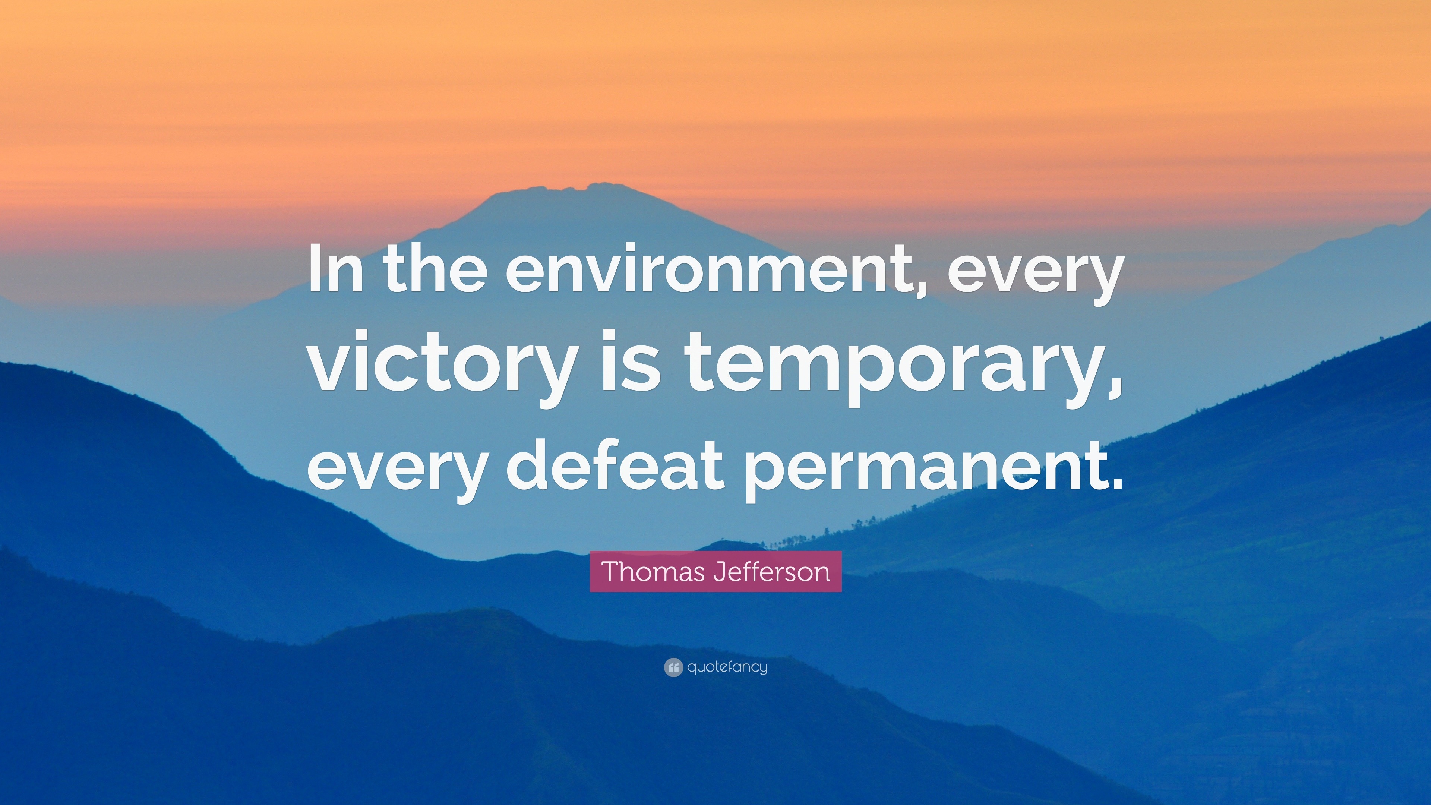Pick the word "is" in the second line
click(635, 366)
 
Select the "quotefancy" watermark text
click(727, 667)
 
